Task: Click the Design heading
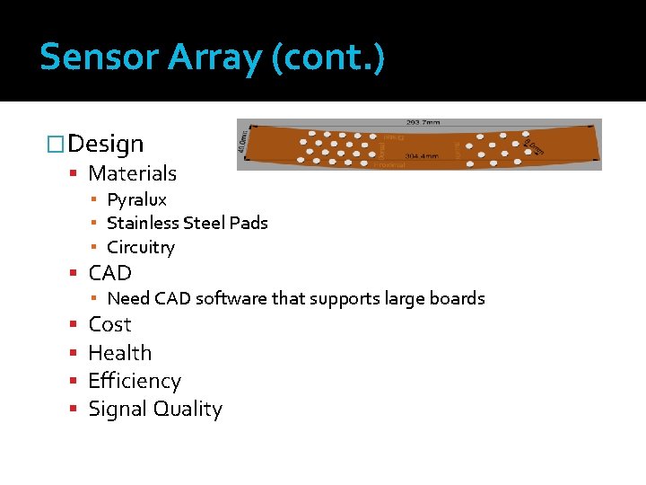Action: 105,144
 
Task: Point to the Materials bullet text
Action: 132,173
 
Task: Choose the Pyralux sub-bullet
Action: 136,199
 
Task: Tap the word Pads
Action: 248,223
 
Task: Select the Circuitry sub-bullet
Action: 140,247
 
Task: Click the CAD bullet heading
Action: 109,273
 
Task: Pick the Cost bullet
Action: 109,324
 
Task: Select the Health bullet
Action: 119,353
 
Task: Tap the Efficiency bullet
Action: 134,381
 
